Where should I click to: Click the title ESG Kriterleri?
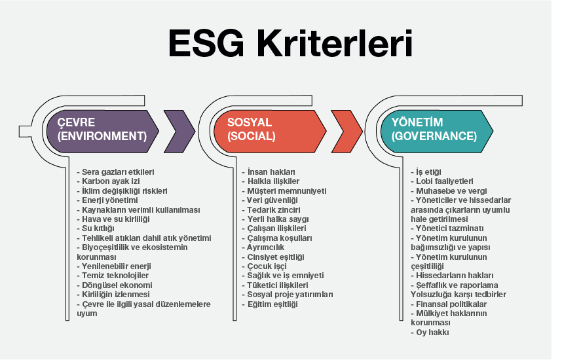[290, 44]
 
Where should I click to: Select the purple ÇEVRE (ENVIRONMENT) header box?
[102, 132]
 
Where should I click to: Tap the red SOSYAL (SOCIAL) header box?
[269, 132]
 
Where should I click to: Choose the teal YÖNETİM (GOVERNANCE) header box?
[437, 132]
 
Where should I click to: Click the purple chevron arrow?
[179, 132]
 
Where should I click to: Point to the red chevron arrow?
[347, 132]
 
